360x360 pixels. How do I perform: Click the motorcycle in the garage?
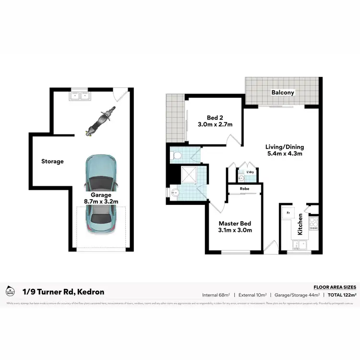tap(99, 122)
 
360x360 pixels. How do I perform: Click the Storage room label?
tap(52, 161)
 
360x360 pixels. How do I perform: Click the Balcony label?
tap(282, 93)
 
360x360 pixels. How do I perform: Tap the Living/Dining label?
tap(285, 150)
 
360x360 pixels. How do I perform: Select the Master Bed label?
tap(235, 227)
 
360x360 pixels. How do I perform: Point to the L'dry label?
tap(250, 172)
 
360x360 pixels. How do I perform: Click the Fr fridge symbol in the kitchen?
tap(288, 211)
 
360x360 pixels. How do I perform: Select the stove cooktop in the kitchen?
tap(314, 224)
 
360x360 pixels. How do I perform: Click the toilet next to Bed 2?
tap(177, 156)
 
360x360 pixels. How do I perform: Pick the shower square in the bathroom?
tap(186, 175)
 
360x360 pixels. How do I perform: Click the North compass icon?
tap(10, 291)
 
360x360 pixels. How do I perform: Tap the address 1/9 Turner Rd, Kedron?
tap(63, 291)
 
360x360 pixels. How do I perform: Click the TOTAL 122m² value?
tap(342, 295)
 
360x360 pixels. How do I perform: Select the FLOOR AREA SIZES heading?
tap(335, 286)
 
